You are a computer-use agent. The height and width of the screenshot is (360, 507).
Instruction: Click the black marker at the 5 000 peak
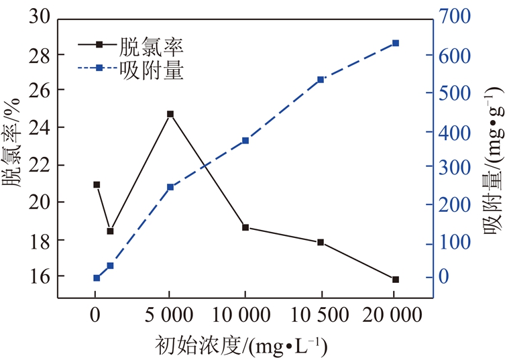pos(170,115)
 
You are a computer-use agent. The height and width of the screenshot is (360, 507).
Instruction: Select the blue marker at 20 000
pos(395,43)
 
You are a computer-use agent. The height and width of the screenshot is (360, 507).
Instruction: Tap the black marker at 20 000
pos(396,280)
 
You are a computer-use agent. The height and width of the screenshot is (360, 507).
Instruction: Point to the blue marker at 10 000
pos(245,141)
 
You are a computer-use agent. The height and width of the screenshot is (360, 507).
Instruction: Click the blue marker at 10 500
pos(321,80)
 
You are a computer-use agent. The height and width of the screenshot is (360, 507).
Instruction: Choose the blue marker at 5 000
pos(170,187)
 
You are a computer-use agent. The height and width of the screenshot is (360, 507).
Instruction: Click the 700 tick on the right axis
pos(454,17)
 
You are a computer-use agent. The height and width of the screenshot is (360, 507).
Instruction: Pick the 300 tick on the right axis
pos(454,166)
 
